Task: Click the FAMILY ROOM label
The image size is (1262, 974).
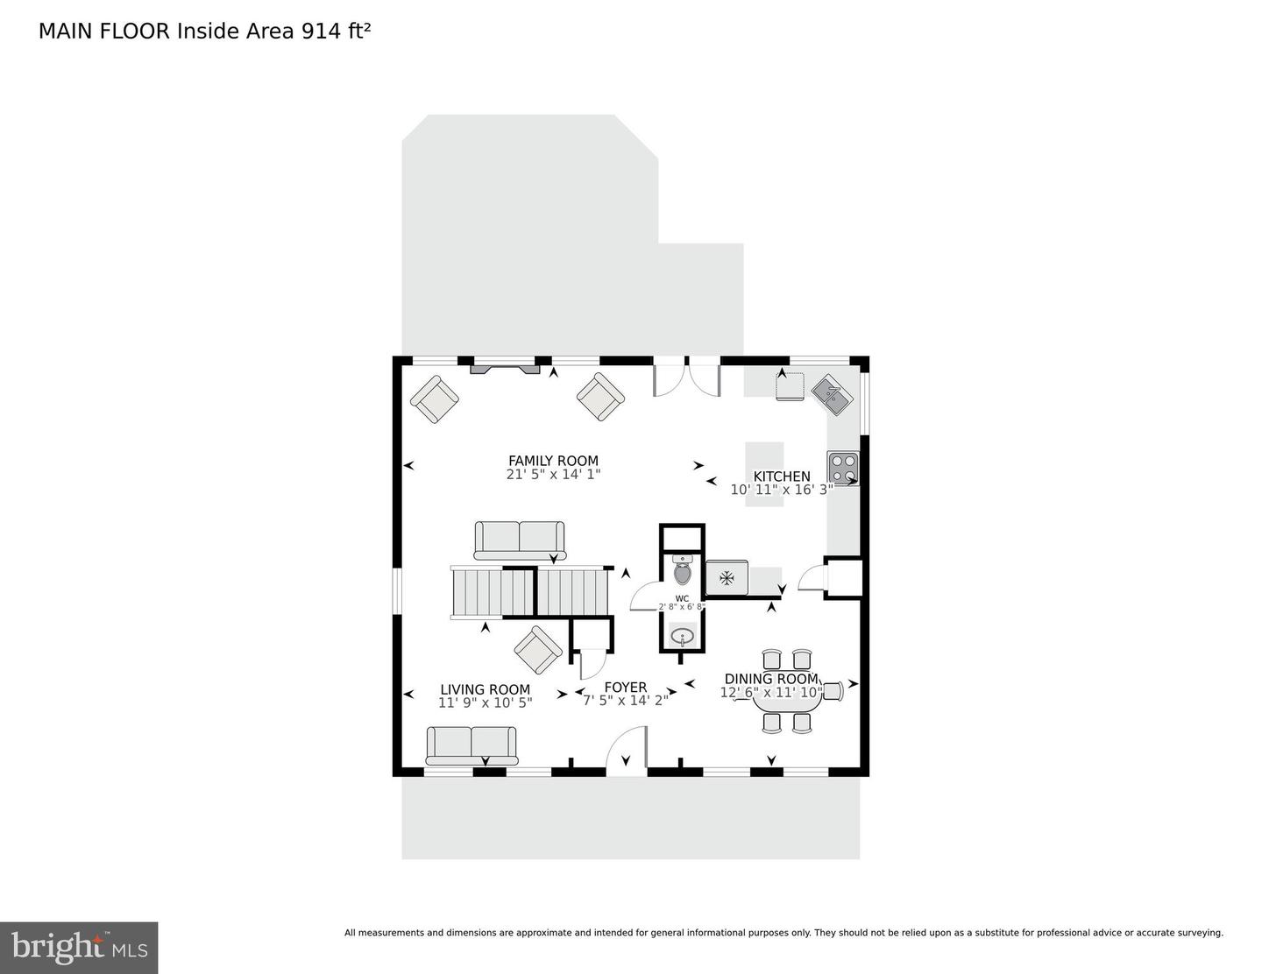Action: pos(553,461)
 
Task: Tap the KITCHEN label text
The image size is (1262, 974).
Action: pos(782,476)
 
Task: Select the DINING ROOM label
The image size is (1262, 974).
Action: pos(771,679)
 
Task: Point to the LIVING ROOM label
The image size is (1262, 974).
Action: pos(485,689)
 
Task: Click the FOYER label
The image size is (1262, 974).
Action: pos(625,688)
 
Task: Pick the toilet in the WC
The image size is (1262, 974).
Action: pos(683,571)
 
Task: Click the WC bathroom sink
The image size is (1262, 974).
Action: pos(682,636)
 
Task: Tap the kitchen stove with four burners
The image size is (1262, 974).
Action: pos(843,468)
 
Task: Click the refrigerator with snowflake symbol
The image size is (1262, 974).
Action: pos(727,577)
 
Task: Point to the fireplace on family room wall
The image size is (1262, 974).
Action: pos(505,369)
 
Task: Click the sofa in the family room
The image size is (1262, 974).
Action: pos(519,540)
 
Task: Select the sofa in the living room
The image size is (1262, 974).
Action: pos(471,745)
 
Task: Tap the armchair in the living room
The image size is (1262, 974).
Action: pos(538,651)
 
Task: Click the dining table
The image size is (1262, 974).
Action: pos(787,698)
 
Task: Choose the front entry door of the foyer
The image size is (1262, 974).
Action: pos(626,752)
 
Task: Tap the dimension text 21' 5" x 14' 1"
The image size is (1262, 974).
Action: pos(553,475)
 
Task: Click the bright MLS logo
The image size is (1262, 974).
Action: pos(79,948)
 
